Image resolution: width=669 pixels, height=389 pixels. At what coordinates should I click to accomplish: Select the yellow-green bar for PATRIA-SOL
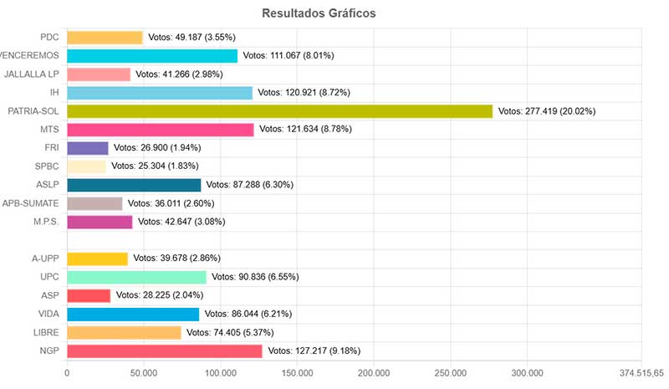coord(279,110)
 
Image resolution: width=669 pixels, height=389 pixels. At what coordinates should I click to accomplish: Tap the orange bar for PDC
coord(105,37)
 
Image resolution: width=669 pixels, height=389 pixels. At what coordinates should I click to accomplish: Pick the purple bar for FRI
coord(87,148)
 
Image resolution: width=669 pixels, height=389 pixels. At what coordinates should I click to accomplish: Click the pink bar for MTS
coord(160,130)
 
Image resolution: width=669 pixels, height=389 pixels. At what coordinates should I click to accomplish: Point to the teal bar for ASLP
coord(134,185)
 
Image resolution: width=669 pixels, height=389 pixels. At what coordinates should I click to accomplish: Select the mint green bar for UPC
coord(136,277)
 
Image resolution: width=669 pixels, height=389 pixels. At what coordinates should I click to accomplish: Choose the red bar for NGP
coord(164,351)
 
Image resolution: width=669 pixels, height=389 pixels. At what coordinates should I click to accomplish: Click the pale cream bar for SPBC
coord(86,166)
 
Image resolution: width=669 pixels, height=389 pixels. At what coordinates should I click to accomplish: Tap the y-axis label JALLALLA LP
coord(30,74)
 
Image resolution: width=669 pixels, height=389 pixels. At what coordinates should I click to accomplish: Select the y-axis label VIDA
coord(47,314)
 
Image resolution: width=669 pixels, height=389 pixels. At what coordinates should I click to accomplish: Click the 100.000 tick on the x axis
coord(220,372)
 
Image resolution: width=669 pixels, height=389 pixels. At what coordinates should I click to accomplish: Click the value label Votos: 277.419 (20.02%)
coord(546,111)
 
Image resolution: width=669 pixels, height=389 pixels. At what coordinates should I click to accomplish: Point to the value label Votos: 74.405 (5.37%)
coord(234,332)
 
